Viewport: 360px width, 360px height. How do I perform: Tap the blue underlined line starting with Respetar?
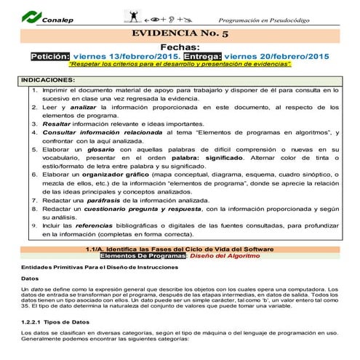(x=180, y=65)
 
